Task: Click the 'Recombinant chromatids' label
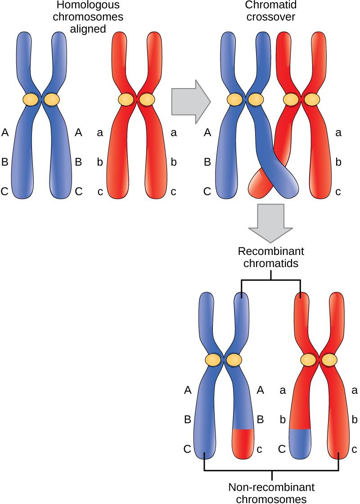(x=270, y=258)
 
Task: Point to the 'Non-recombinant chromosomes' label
(x=271, y=493)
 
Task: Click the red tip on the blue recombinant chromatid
(x=243, y=443)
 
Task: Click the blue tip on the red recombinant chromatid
(x=299, y=443)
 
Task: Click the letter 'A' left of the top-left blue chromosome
(x=5, y=132)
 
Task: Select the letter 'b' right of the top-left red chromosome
(x=174, y=162)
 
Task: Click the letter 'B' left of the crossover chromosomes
(x=207, y=162)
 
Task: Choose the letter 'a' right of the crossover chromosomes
(x=339, y=132)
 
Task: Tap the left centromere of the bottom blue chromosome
(x=212, y=360)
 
